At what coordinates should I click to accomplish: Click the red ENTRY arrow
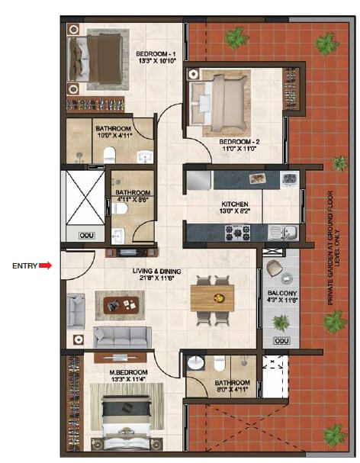tap(45, 265)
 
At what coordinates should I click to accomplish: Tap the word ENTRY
tap(24, 266)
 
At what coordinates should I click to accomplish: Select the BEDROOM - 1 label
tap(156, 54)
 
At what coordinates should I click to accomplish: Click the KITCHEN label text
tap(234, 204)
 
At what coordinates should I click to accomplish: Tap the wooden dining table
tap(211, 298)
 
